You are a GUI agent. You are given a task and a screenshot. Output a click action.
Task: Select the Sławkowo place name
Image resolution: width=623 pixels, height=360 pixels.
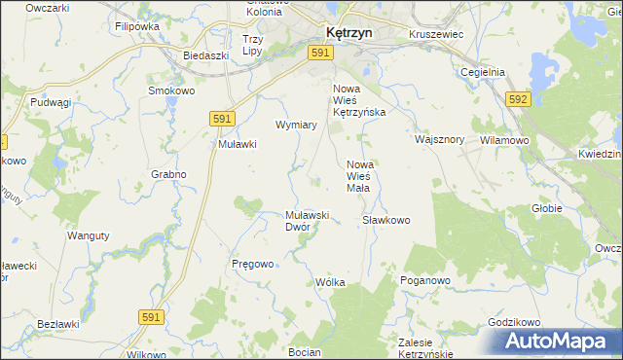386,221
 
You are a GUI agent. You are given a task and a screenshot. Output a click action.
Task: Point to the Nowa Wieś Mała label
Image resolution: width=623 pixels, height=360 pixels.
361,176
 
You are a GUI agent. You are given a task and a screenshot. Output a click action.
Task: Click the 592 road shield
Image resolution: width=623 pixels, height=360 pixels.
518,99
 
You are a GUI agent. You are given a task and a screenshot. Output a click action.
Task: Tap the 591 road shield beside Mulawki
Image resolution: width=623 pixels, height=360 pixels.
221,118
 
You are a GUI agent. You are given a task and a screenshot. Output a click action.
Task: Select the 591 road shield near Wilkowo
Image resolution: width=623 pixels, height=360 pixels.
150,317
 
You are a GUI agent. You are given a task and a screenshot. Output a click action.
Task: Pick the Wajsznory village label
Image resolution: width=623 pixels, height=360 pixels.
439,139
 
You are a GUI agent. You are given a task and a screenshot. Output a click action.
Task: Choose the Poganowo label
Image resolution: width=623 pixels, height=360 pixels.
424,280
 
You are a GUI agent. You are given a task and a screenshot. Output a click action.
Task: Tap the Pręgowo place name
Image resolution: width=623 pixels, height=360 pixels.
252,264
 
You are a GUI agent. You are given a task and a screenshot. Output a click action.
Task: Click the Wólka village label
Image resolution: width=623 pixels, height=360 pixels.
331,282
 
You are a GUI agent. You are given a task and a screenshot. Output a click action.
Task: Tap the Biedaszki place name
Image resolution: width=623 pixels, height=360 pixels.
205,56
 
